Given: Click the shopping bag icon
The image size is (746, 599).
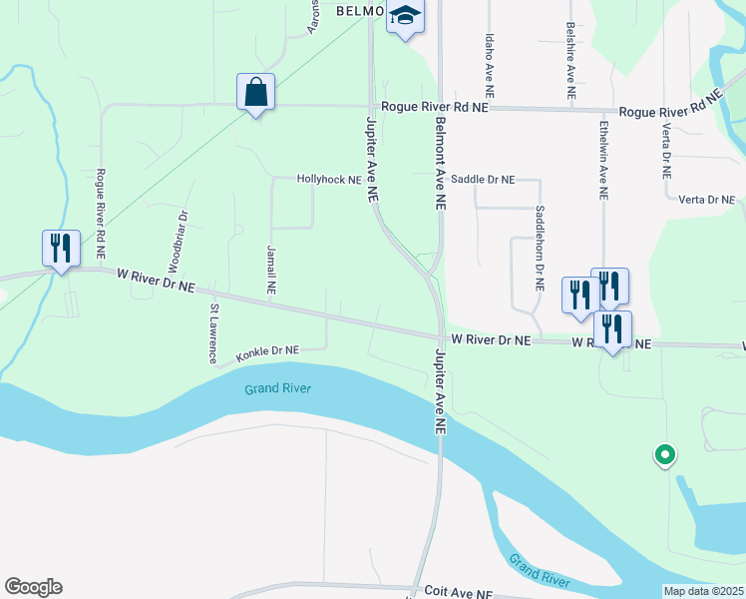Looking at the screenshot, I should click(x=255, y=92).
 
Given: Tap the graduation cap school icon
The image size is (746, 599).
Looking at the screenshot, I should click(x=406, y=16).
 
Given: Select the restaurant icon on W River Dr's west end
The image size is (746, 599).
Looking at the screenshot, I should click(x=61, y=248).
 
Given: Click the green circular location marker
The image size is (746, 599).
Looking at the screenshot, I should click(x=664, y=455).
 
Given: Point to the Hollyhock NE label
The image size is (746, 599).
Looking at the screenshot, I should click(x=328, y=180).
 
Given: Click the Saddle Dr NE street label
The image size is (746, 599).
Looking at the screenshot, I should click(x=483, y=180).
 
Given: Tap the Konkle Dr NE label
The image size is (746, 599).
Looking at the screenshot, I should click(x=267, y=351).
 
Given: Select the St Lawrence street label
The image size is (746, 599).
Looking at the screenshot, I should click(x=212, y=334).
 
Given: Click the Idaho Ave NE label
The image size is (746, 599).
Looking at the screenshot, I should click(x=489, y=63).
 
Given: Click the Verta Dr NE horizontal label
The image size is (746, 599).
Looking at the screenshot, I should click(x=706, y=200).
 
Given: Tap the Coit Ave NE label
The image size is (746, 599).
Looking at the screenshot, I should click(x=459, y=592).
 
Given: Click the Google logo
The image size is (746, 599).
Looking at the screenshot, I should click(x=33, y=587).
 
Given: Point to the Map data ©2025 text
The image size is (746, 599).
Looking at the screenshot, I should click(x=704, y=591).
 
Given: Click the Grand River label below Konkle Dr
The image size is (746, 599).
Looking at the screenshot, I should click(x=279, y=388).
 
